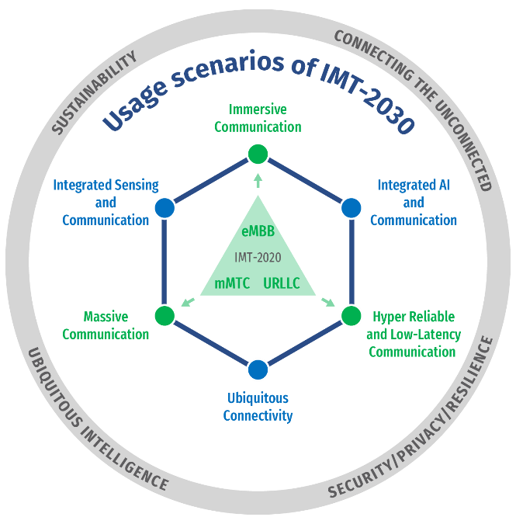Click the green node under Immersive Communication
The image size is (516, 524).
point(258,154)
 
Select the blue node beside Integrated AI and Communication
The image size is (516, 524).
point(351,208)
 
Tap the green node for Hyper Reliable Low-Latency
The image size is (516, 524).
point(351,315)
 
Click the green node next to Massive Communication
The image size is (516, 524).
point(164,315)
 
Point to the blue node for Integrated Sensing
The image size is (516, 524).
point(164,208)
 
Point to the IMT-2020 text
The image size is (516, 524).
point(257,257)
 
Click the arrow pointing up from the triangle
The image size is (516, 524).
point(258,181)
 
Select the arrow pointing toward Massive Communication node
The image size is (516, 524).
point(186,302)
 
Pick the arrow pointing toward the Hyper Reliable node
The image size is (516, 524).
point(329,302)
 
